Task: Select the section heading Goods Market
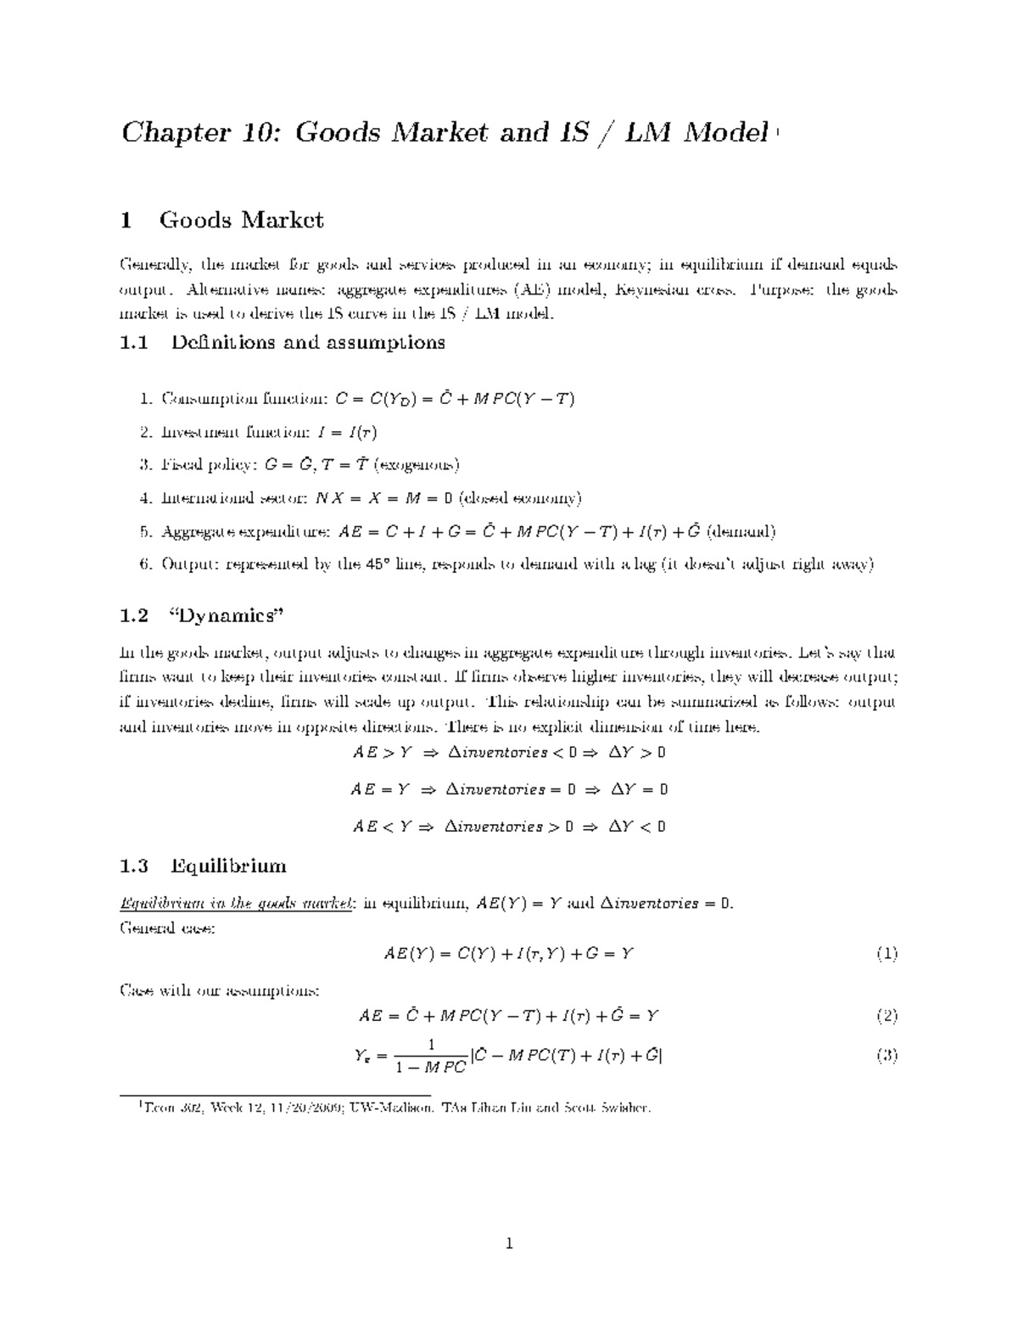pyautogui.click(x=241, y=221)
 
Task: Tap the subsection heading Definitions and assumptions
pyautogui.click(x=307, y=343)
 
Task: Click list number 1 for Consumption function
pyautogui.click(x=146, y=399)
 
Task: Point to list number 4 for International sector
pyautogui.click(x=146, y=499)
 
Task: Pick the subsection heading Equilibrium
pyautogui.click(x=228, y=867)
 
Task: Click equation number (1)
pyautogui.click(x=887, y=954)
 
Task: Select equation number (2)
pyautogui.click(x=887, y=1016)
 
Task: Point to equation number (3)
pyautogui.click(x=887, y=1057)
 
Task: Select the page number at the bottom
pyautogui.click(x=509, y=1246)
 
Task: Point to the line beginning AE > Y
pyautogui.click(x=508, y=753)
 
